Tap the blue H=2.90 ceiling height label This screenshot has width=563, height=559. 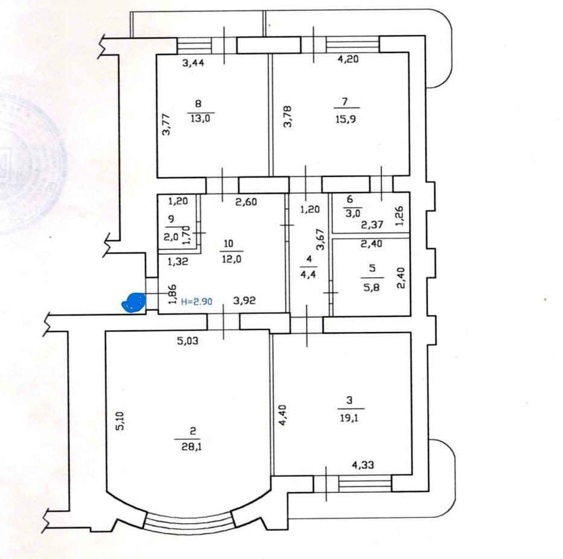(197, 302)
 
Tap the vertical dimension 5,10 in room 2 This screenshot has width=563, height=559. (120, 421)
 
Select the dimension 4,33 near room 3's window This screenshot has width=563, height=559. (364, 465)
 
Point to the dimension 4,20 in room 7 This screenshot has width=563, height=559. (349, 59)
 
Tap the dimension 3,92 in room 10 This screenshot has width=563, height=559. (245, 301)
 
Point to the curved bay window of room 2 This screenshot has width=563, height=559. (189, 521)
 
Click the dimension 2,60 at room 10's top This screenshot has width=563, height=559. (247, 202)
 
